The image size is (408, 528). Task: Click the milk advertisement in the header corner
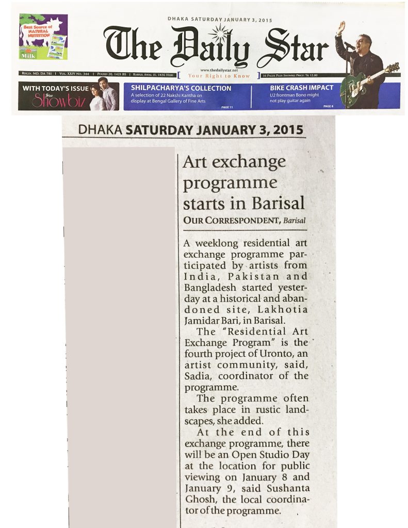[x=43, y=37]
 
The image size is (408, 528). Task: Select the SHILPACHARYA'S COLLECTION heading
[x=181, y=88]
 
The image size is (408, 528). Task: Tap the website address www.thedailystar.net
[x=220, y=70]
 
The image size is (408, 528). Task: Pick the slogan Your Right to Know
[x=219, y=76]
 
